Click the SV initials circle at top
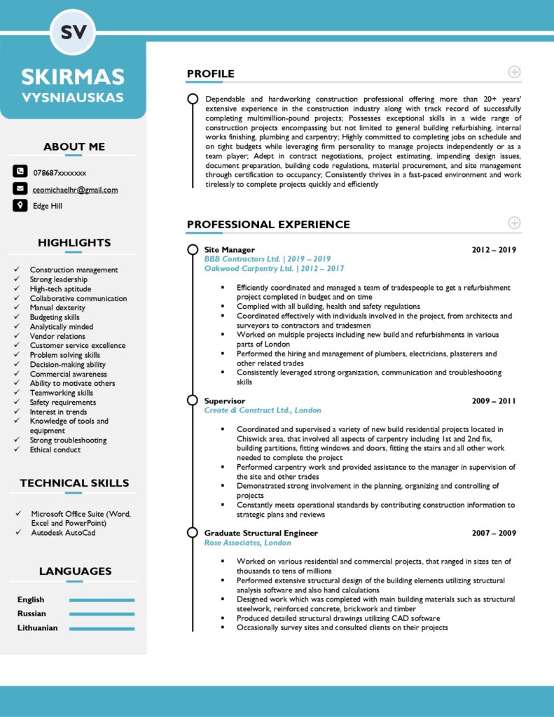73,32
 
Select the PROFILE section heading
210,74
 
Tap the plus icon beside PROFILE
514,72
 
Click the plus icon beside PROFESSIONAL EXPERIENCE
514,223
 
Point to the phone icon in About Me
20,172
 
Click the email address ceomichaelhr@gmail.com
75,190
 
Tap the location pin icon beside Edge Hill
20,206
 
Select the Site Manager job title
229,250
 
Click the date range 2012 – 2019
493,250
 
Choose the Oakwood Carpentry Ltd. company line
274,268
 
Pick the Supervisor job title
224,401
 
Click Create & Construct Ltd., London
263,410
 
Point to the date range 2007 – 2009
493,534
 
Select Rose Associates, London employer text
247,543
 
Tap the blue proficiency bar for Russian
102,614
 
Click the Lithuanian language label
37,628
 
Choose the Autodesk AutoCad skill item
63,533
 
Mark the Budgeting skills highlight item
55,317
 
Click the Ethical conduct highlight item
55,450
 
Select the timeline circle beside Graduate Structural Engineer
193,534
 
